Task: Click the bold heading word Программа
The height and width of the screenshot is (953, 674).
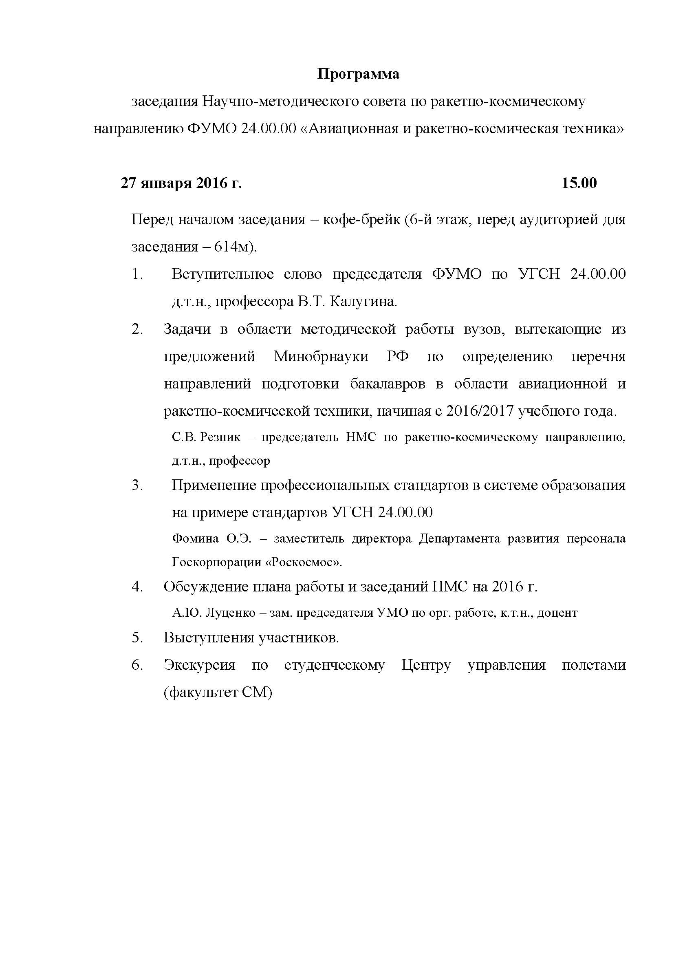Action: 358,74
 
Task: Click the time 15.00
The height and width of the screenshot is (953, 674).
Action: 579,183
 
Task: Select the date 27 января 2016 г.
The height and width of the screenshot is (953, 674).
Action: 181,183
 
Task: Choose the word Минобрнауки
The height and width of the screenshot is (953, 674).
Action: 321,356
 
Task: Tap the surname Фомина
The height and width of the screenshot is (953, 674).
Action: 195,539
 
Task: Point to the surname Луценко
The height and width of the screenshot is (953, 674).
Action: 230,613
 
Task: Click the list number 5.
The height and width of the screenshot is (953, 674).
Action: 137,638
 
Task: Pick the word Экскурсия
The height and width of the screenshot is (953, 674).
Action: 199,665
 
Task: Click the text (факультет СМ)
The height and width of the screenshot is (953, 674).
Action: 218,693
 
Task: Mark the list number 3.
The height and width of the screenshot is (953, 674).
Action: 137,485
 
